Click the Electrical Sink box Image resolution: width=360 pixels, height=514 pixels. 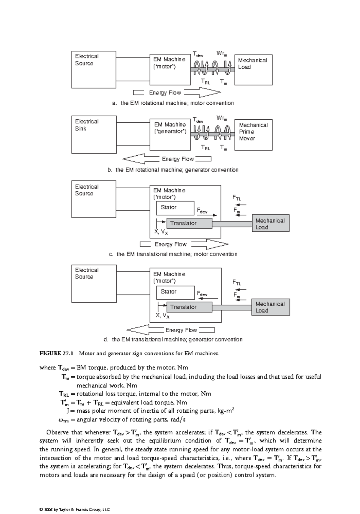[x=94, y=134]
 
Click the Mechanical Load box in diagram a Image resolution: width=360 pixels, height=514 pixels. [x=253, y=70]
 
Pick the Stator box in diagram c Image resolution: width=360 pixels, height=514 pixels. [x=175, y=208]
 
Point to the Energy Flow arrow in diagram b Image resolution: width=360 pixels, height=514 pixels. [x=141, y=159]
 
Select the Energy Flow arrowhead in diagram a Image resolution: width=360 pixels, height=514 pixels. [x=210, y=92]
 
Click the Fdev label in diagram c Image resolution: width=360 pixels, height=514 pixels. [x=202, y=211]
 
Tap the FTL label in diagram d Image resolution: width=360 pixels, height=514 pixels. [x=237, y=282]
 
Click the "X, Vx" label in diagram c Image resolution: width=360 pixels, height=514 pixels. [x=161, y=232]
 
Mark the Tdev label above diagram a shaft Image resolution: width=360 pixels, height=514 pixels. [x=198, y=54]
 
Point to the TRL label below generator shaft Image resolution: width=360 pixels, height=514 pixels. [x=205, y=148]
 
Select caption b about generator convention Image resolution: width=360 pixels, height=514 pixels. [x=173, y=170]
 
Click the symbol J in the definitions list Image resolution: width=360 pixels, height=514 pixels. [x=68, y=411]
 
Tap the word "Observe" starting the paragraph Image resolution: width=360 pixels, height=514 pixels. [x=57, y=432]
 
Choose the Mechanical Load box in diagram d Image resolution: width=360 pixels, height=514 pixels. [x=270, y=307]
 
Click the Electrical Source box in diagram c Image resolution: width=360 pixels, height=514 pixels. [x=94, y=199]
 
